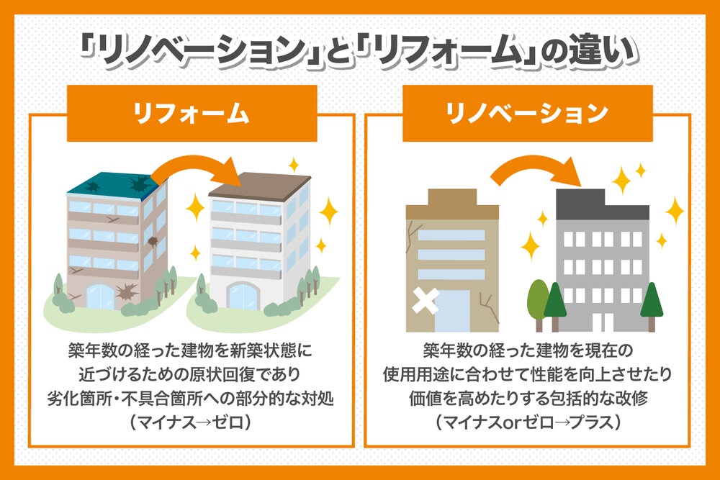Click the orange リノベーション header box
pos(528,114)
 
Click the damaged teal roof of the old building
pos(112,184)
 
